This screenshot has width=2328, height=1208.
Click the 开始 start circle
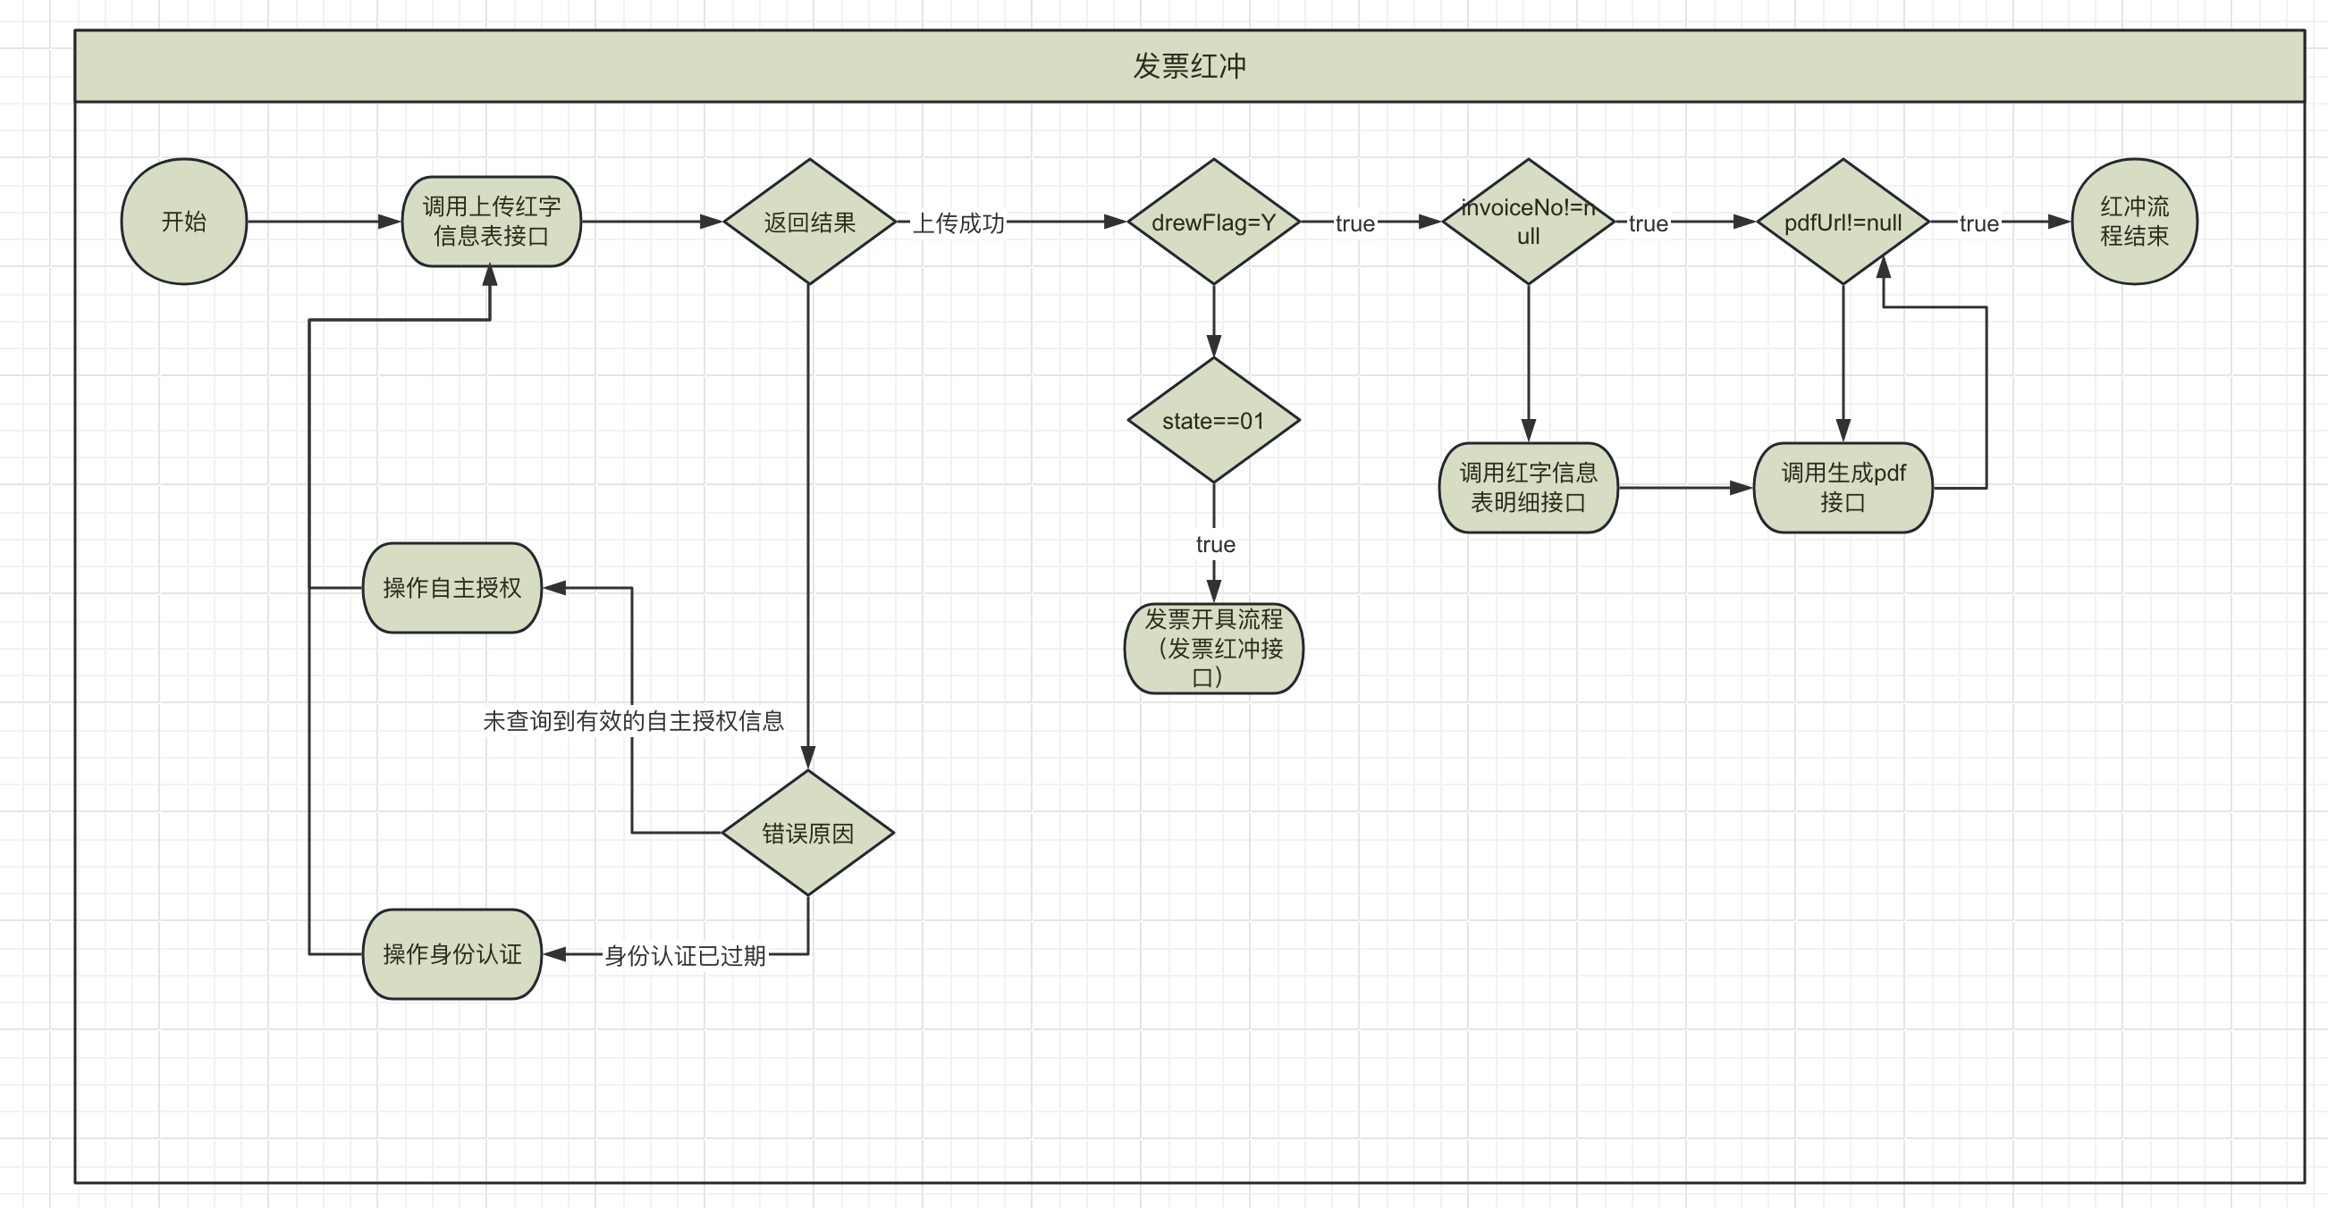pyautogui.click(x=183, y=222)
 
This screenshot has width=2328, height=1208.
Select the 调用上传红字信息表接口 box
pyautogui.click(x=491, y=222)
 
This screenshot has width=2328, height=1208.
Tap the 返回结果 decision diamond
pyautogui.click(x=809, y=222)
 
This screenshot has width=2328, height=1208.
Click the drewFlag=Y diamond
pyautogui.click(x=1213, y=222)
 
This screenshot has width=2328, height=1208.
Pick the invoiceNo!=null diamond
pyautogui.click(x=1527, y=222)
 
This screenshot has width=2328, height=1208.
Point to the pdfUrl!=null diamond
pyautogui.click(x=1843, y=222)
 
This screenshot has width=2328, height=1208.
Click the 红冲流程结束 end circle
pyautogui.click(x=2134, y=222)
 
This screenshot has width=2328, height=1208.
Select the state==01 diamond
pyautogui.click(x=1213, y=420)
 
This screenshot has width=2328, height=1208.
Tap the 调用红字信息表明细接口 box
pyautogui.click(x=1527, y=487)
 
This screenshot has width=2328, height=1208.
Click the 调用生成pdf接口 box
pyautogui.click(x=1843, y=487)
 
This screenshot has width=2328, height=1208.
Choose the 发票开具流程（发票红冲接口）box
pyautogui.click(x=1213, y=648)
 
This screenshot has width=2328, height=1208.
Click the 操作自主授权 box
pyautogui.click(x=451, y=587)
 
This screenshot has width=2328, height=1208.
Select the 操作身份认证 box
pyautogui.click(x=451, y=953)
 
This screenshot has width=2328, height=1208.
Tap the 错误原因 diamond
pyautogui.click(x=808, y=832)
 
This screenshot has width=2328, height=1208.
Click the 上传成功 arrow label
pyautogui.click(x=958, y=222)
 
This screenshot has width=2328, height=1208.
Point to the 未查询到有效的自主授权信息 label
pyautogui.click(x=633, y=720)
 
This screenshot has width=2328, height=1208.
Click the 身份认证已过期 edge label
pyautogui.click(x=685, y=955)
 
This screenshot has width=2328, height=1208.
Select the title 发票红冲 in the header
pyautogui.click(x=1189, y=66)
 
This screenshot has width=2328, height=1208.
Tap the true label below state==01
pyautogui.click(x=1215, y=544)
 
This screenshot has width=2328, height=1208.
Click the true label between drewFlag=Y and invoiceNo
pyautogui.click(x=1354, y=223)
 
